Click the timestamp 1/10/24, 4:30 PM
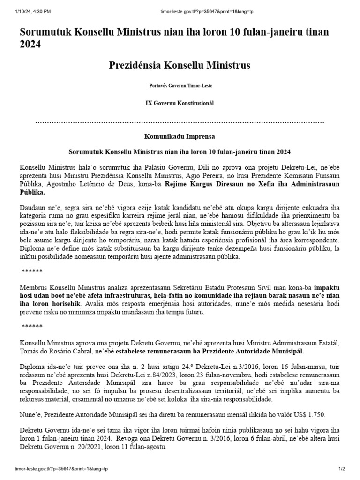(33, 11)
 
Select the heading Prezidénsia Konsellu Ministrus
(180, 65)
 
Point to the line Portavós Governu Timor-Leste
(180, 86)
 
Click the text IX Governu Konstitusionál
(180, 103)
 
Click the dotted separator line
(180, 122)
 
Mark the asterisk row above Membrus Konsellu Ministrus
(32, 271)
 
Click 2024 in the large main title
(30, 45)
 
